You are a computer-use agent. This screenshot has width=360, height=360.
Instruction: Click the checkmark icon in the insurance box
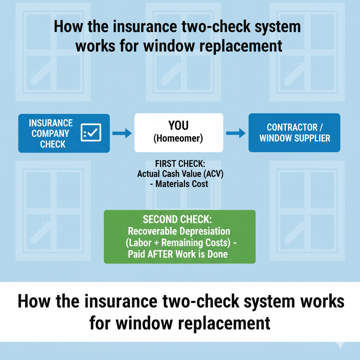[91, 133]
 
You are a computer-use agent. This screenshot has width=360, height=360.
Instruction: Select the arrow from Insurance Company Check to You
[122, 133]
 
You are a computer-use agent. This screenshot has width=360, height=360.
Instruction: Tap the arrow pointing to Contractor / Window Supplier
[236, 133]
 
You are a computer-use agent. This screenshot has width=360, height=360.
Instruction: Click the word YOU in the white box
[179, 126]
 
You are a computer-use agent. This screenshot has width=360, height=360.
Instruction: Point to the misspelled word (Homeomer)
[179, 139]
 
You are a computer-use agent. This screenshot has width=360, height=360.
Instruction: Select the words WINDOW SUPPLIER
[295, 138]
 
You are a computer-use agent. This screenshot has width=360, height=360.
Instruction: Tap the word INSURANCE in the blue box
[51, 123]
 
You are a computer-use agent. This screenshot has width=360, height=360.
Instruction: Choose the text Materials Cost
[182, 184]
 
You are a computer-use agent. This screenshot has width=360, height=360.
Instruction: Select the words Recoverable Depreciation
[179, 231]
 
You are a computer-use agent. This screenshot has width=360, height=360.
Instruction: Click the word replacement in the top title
[239, 46]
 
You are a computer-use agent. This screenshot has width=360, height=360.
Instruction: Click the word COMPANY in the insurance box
[51, 134]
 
